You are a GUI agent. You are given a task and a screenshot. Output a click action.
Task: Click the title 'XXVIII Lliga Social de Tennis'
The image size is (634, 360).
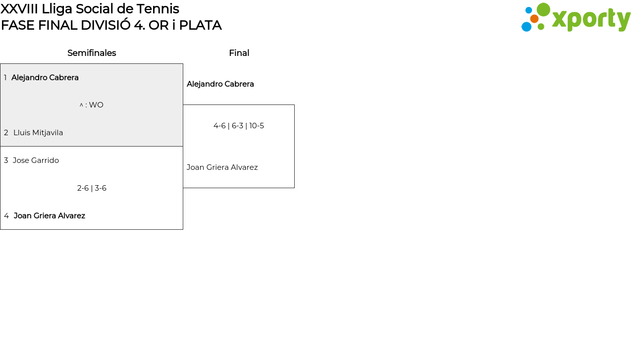click(90, 9)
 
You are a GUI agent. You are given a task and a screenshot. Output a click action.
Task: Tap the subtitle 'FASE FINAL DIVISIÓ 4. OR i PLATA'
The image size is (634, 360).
click(111, 25)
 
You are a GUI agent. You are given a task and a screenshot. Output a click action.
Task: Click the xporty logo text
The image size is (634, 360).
click(591, 20)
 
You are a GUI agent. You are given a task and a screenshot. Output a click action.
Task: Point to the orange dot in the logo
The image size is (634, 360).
click(534, 19)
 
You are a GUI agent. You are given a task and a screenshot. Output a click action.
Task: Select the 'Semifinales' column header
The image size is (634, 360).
click(92, 53)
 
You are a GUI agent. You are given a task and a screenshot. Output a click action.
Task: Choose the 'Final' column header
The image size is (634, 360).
click(239, 53)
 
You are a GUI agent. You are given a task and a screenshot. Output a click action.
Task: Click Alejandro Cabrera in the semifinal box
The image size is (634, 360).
click(45, 78)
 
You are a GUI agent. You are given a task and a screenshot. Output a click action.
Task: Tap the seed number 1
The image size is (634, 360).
click(5, 78)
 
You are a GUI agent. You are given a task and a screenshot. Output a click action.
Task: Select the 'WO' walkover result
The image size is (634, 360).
click(96, 105)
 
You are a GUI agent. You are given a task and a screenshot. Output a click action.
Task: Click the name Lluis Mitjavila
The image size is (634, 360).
click(38, 133)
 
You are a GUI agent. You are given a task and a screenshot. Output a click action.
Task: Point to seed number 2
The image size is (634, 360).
click(6, 133)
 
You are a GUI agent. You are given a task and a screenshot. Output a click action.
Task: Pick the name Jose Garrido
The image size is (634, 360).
click(36, 160)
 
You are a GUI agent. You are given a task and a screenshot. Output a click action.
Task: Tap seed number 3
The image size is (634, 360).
click(6, 160)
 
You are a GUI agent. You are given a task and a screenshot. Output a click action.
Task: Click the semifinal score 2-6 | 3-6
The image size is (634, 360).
click(92, 188)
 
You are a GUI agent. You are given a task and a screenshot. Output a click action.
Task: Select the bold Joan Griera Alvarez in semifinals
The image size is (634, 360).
click(50, 216)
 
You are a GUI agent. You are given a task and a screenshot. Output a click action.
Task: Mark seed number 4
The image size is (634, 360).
click(6, 216)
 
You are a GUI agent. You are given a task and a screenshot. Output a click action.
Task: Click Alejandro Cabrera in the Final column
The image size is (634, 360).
click(220, 84)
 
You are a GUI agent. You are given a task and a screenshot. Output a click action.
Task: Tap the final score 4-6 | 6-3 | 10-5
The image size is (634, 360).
click(239, 126)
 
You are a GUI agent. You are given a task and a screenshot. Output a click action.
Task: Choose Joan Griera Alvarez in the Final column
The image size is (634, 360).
click(222, 167)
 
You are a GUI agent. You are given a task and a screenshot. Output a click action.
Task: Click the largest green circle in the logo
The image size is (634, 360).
click(543, 9)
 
